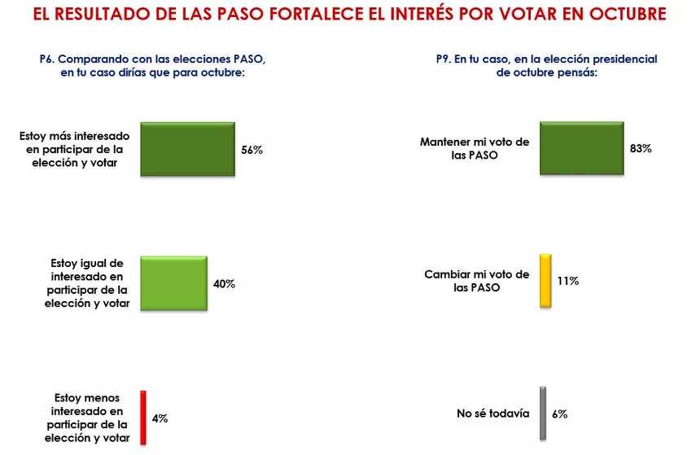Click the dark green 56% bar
[187, 150]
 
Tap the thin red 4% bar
[143, 418]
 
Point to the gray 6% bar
[543, 413]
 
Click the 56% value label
[252, 151]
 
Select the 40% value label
[225, 284]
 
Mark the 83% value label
[642, 149]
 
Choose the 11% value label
[568, 281]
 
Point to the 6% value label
[559, 414]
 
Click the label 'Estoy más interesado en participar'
[72, 150]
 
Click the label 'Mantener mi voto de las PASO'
[475, 148]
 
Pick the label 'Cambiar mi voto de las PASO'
[477, 281]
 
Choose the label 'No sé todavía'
[493, 413]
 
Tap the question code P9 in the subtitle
[444, 59]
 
